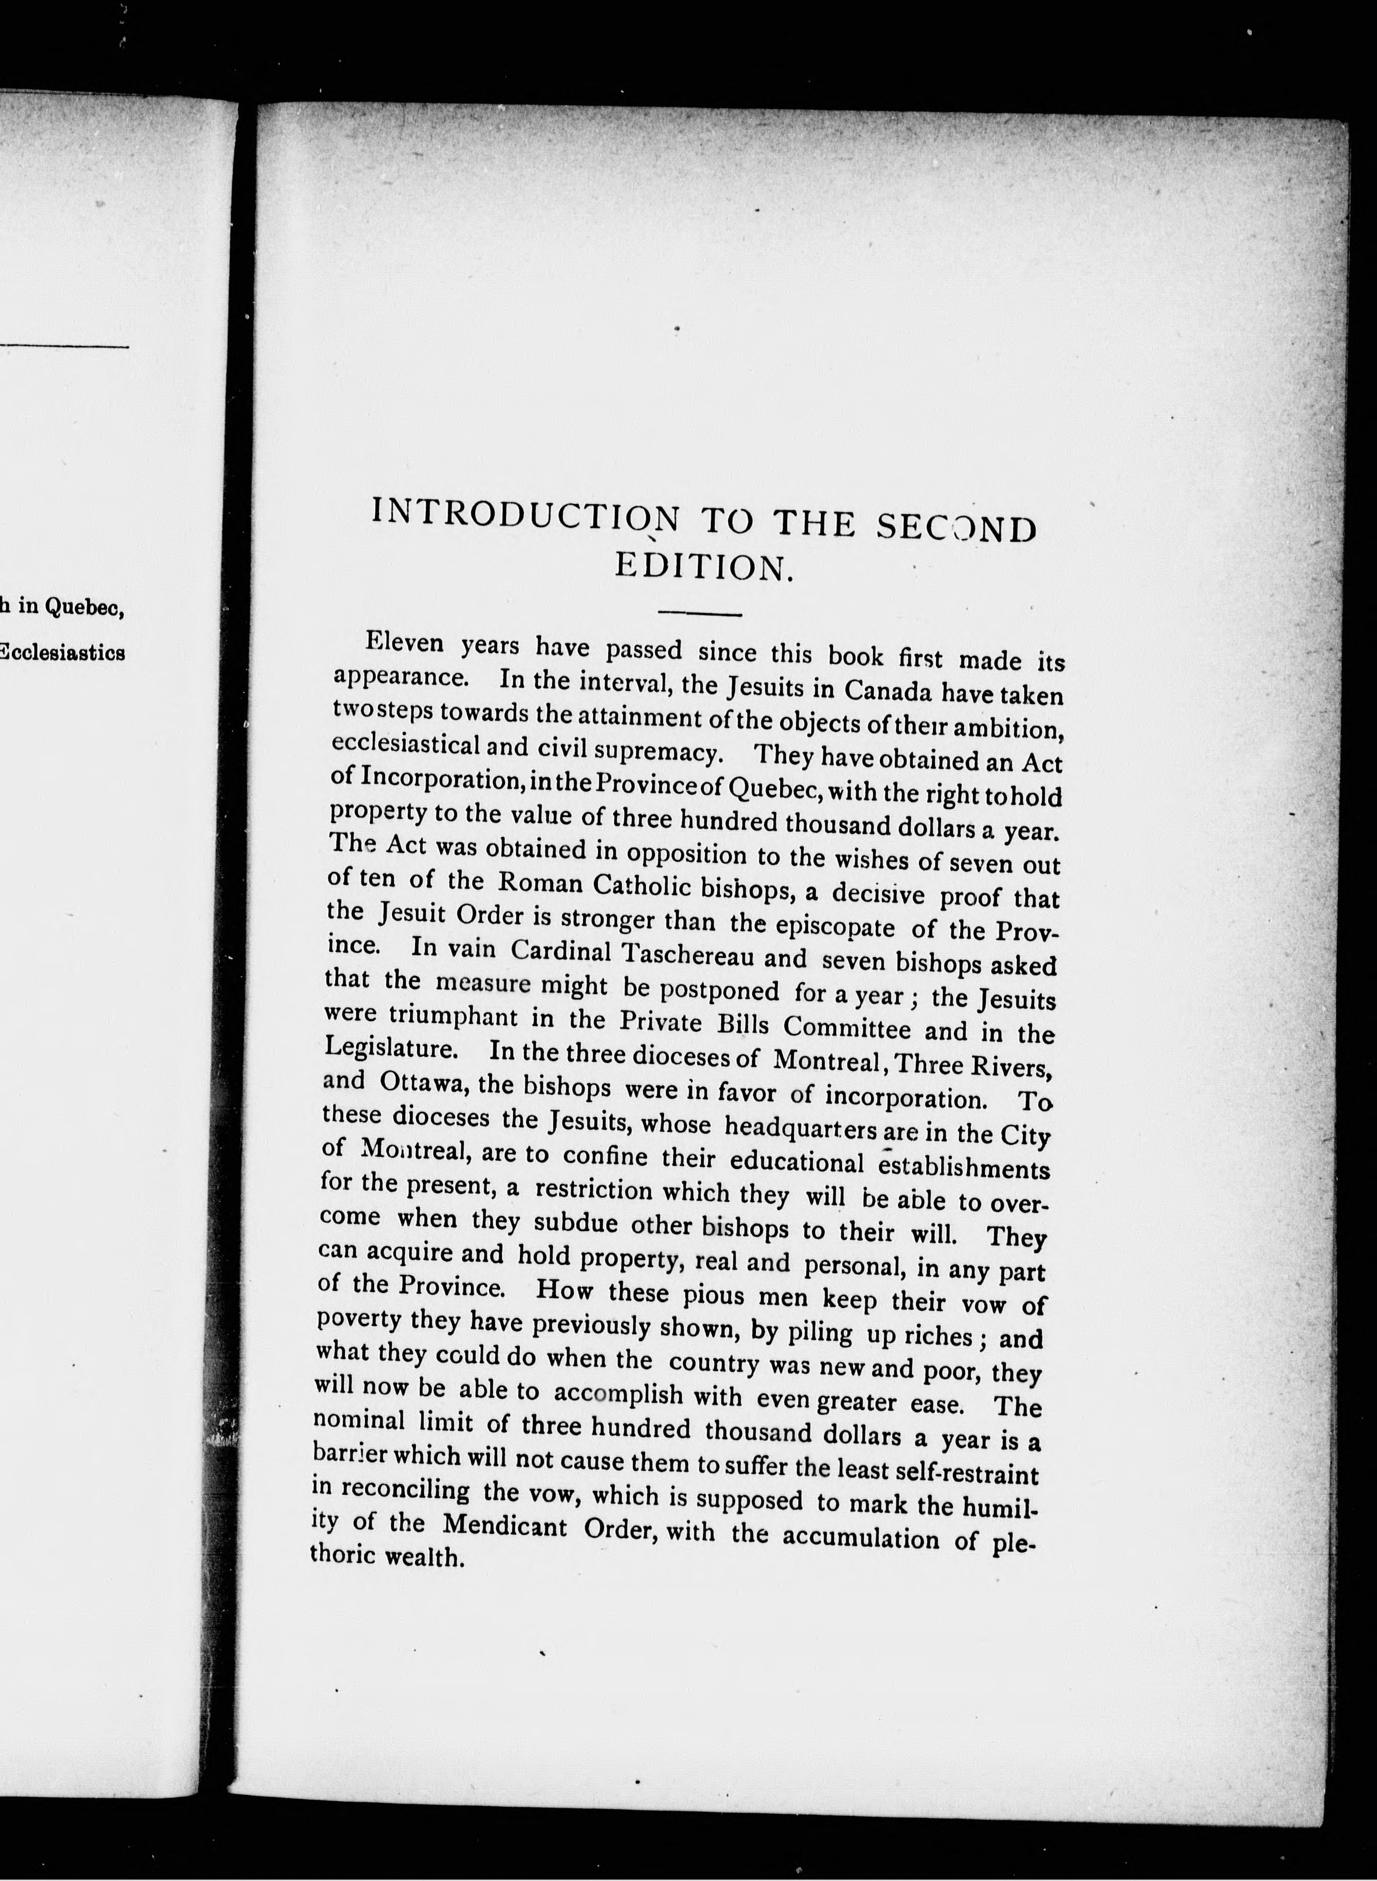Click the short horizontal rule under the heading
(699, 615)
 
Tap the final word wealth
(424, 1556)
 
